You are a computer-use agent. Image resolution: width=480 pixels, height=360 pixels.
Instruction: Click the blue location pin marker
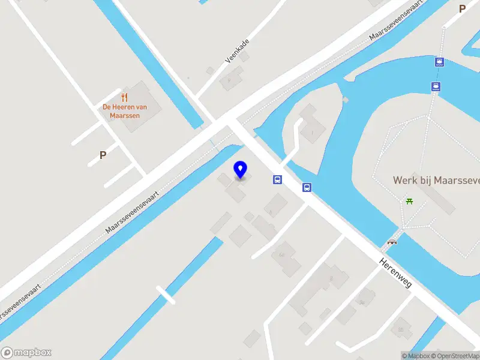click(x=241, y=170)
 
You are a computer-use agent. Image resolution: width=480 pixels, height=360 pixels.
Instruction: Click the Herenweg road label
click(x=395, y=272)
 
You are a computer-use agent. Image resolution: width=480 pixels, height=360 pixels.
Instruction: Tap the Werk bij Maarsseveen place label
click(x=436, y=180)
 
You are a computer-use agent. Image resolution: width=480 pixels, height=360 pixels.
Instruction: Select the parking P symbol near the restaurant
click(x=103, y=155)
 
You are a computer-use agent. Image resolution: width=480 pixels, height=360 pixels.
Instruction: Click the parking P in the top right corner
click(x=462, y=9)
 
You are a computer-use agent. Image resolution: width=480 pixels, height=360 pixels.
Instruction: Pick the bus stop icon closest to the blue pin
click(x=277, y=179)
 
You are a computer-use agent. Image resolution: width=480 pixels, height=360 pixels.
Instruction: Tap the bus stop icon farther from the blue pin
click(x=307, y=187)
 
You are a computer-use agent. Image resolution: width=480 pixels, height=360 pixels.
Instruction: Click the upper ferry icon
click(x=440, y=62)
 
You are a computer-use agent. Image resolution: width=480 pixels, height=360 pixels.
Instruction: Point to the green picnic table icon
click(x=410, y=200)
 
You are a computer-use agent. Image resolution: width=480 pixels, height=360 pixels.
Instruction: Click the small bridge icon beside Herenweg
click(x=392, y=242)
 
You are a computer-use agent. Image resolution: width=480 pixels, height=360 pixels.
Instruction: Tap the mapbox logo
click(x=26, y=353)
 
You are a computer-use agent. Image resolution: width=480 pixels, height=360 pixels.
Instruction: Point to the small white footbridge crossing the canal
click(x=166, y=295)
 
